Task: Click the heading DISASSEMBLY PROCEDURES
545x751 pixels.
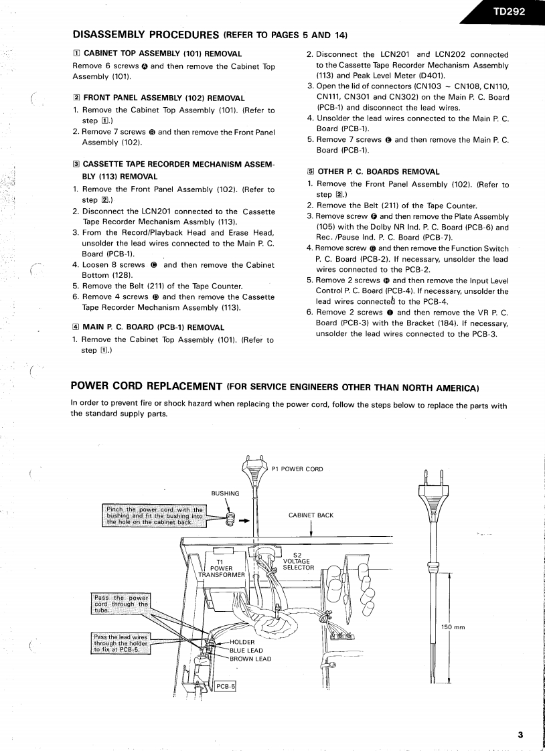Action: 146,34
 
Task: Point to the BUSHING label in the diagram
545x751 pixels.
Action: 226,494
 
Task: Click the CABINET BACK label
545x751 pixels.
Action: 311,515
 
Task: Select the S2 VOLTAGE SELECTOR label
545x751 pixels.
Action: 298,561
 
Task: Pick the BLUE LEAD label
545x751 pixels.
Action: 246,650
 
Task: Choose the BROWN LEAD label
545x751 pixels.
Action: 250,659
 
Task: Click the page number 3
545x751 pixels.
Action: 520,734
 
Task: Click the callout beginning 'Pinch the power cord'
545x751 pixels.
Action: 154,516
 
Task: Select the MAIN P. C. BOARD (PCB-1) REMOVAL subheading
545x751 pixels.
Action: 153,327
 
